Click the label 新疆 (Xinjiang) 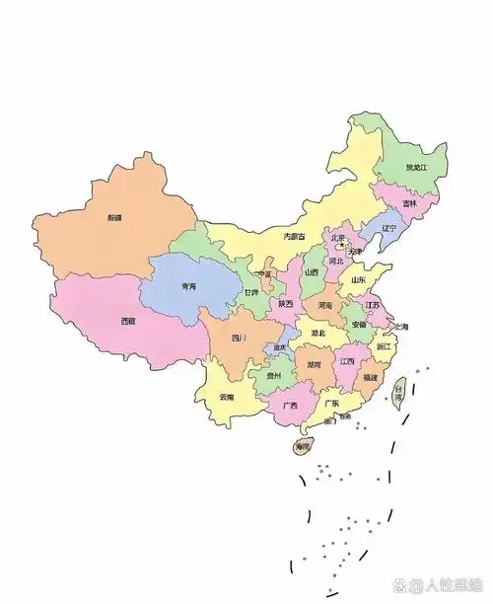(115, 218)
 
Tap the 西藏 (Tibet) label (128, 321)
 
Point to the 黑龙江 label (418, 168)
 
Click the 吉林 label (409, 203)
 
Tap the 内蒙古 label (295, 237)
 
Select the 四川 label (239, 339)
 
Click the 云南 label (227, 397)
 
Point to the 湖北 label (318, 335)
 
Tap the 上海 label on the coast (400, 327)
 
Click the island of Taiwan (400, 392)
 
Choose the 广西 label (291, 405)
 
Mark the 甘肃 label (251, 293)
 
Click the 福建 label (370, 377)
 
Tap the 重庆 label (280, 347)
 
